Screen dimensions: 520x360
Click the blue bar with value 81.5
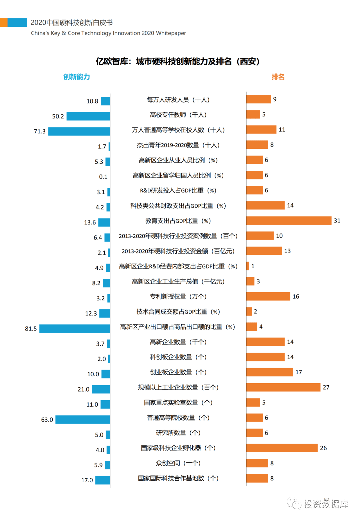point(75,329)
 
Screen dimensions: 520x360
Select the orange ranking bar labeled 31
point(289,220)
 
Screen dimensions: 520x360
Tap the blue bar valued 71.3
point(79,131)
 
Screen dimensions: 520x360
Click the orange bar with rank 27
point(283,387)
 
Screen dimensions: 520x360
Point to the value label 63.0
point(47,420)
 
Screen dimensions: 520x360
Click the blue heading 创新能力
point(77,77)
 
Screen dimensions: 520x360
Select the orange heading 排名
point(278,77)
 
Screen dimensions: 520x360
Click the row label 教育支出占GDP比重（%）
point(178,221)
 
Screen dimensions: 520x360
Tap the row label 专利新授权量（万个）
point(178,297)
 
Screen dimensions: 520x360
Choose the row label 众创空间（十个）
point(178,463)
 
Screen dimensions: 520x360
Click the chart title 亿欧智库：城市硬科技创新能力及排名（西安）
point(178,61)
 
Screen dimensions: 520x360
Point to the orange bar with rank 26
point(282,448)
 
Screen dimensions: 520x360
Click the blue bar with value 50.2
point(88,116)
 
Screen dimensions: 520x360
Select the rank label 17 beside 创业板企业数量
point(299,372)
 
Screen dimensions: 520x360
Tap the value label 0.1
point(103,177)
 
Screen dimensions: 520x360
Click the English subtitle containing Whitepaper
point(108,33)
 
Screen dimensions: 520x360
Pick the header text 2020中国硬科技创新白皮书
point(72,23)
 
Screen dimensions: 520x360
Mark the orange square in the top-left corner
point(4,23)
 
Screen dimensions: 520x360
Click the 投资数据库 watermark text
point(326,504)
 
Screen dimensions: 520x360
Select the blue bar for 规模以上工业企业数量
point(101,389)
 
